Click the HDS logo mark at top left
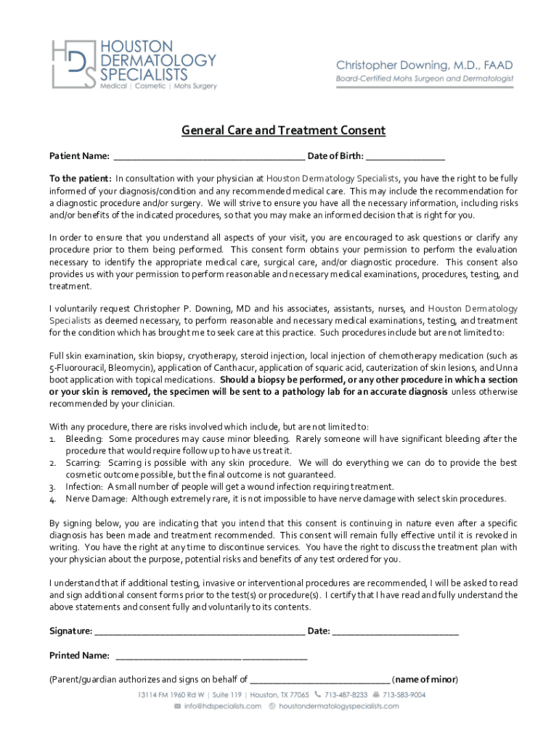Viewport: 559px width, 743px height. coord(73,64)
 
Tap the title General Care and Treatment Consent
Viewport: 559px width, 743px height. coord(283,131)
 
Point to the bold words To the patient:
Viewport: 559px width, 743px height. coord(80,178)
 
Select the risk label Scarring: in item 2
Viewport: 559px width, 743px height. coord(84,462)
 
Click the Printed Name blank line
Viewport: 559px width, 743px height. coord(211,657)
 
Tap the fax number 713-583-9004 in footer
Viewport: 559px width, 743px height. coord(404,694)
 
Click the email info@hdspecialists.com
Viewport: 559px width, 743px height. coord(222,705)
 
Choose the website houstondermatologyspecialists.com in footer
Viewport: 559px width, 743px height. coord(339,705)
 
